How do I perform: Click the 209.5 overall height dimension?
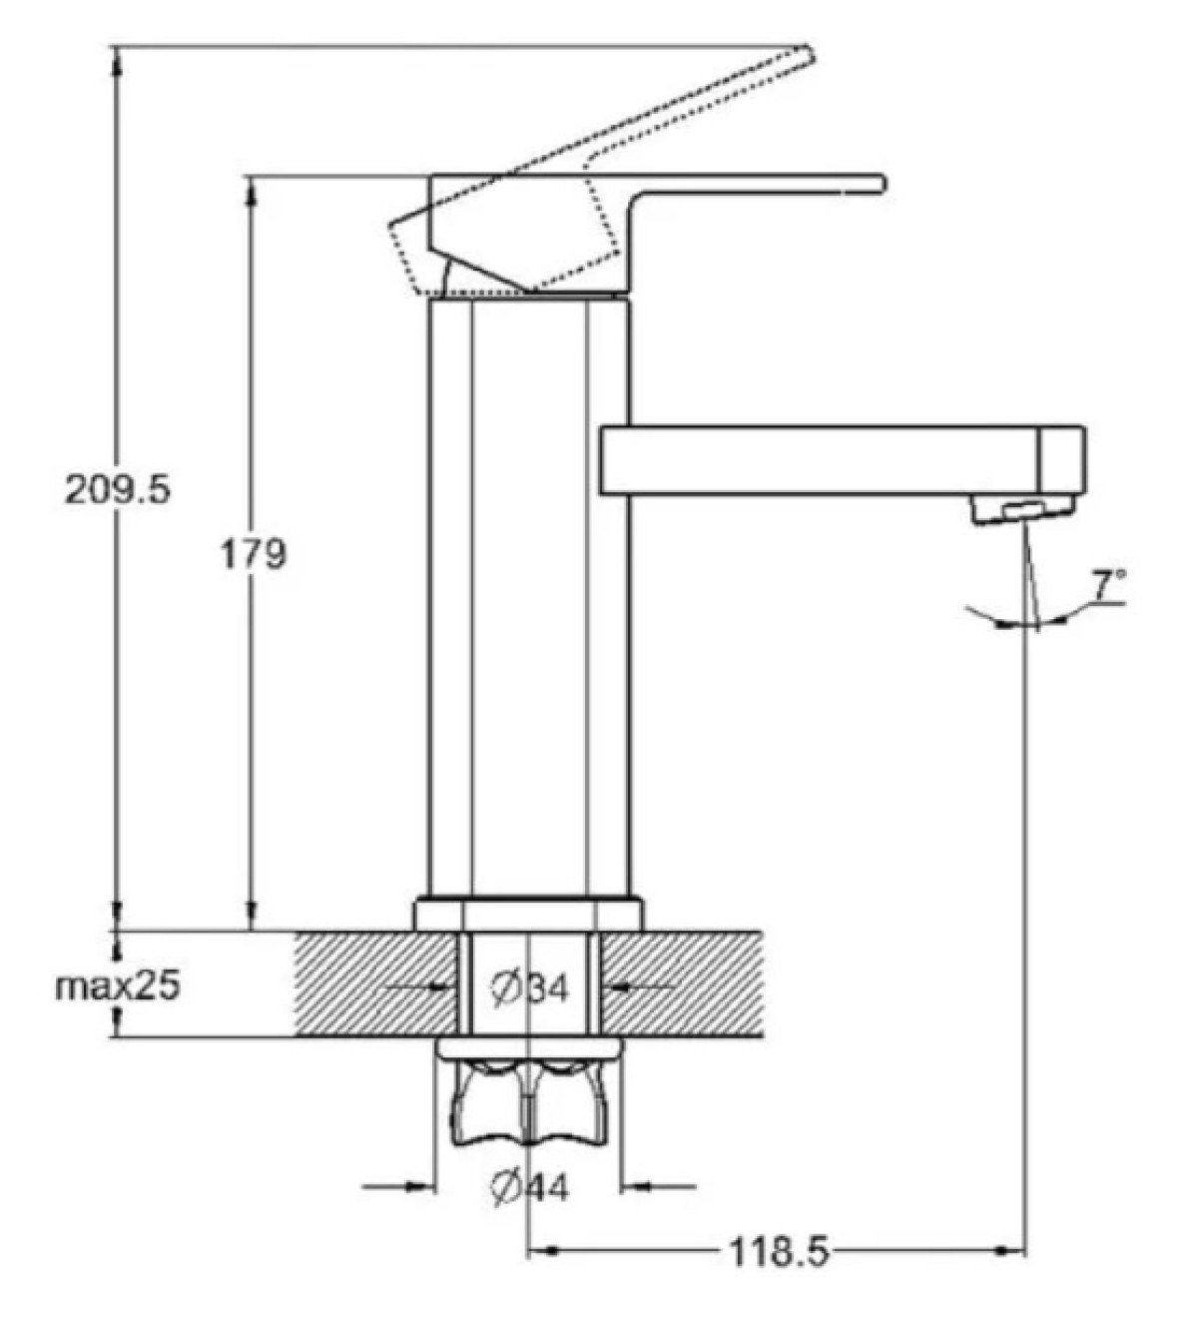118,489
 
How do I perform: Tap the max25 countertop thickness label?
118,987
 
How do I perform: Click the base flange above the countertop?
528,914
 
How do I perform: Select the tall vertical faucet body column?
528,599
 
